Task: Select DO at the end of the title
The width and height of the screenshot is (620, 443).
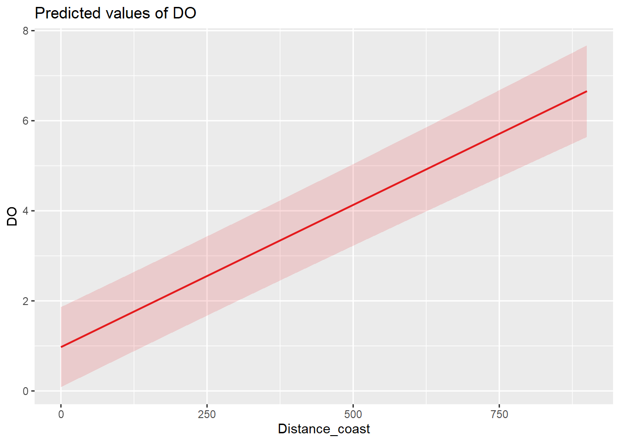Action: pyautogui.click(x=185, y=13)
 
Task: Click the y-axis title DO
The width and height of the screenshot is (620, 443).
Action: pyautogui.click(x=12, y=216)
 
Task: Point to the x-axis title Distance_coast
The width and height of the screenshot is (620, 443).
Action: pyautogui.click(x=324, y=429)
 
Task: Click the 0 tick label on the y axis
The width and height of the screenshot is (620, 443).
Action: pyautogui.click(x=26, y=391)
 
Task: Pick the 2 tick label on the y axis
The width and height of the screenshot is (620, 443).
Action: pyautogui.click(x=26, y=301)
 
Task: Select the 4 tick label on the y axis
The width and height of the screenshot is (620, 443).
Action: pyautogui.click(x=26, y=211)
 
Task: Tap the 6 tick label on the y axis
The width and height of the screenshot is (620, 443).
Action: pyautogui.click(x=26, y=121)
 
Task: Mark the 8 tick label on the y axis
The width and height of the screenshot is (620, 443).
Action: pyautogui.click(x=26, y=31)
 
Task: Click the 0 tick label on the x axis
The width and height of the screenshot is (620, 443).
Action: pyautogui.click(x=61, y=414)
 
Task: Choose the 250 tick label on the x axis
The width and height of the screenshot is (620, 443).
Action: pyautogui.click(x=207, y=414)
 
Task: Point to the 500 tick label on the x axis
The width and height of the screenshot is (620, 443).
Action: pyautogui.click(x=353, y=414)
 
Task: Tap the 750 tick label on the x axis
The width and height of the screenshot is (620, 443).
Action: pyautogui.click(x=499, y=414)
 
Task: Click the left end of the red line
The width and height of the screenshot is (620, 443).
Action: pyautogui.click(x=61, y=347)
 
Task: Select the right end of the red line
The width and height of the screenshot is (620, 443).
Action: pyautogui.click(x=586, y=91)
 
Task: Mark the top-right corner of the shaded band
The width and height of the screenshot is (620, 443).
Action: pyautogui.click(x=586, y=46)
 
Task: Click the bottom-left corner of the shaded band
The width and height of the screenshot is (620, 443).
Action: pyautogui.click(x=61, y=387)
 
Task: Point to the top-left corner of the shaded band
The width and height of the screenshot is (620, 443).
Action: pyautogui.click(x=61, y=307)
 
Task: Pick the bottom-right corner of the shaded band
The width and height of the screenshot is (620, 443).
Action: pyautogui.click(x=586, y=137)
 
